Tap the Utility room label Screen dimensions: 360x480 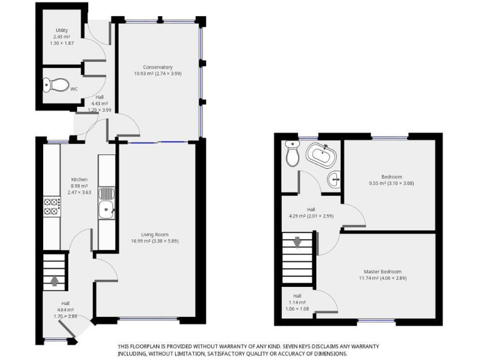[61, 30]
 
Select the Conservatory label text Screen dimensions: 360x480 [157, 67]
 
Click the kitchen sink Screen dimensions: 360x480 [107, 211]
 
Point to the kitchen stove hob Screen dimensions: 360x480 [51, 206]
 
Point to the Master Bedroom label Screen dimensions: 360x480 [382, 271]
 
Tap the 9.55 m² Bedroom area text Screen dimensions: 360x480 [391, 183]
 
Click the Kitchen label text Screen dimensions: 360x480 [79, 179]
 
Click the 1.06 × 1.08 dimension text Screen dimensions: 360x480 [297, 309]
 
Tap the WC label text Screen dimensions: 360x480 [74, 89]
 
